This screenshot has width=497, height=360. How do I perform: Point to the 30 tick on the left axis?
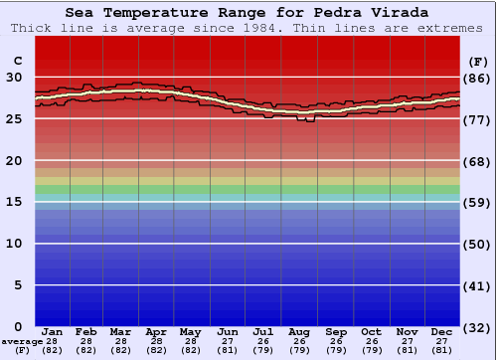click(14, 77)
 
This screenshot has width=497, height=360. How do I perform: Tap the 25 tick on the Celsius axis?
click(14, 118)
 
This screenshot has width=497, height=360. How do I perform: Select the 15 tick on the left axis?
click(14, 202)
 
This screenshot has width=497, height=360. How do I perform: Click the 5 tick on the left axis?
click(18, 285)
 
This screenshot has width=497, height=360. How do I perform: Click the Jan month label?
click(53, 331)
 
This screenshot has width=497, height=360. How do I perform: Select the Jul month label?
click(263, 331)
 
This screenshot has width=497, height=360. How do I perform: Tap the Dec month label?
click(441, 331)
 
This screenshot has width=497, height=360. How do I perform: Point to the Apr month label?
click(157, 331)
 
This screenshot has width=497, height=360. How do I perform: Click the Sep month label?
click(335, 331)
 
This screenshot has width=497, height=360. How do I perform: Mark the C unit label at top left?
click(17, 61)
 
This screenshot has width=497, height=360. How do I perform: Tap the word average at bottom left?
click(22, 341)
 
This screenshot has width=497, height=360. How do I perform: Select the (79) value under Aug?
click(299, 350)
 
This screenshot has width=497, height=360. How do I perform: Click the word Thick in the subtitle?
click(33, 28)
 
